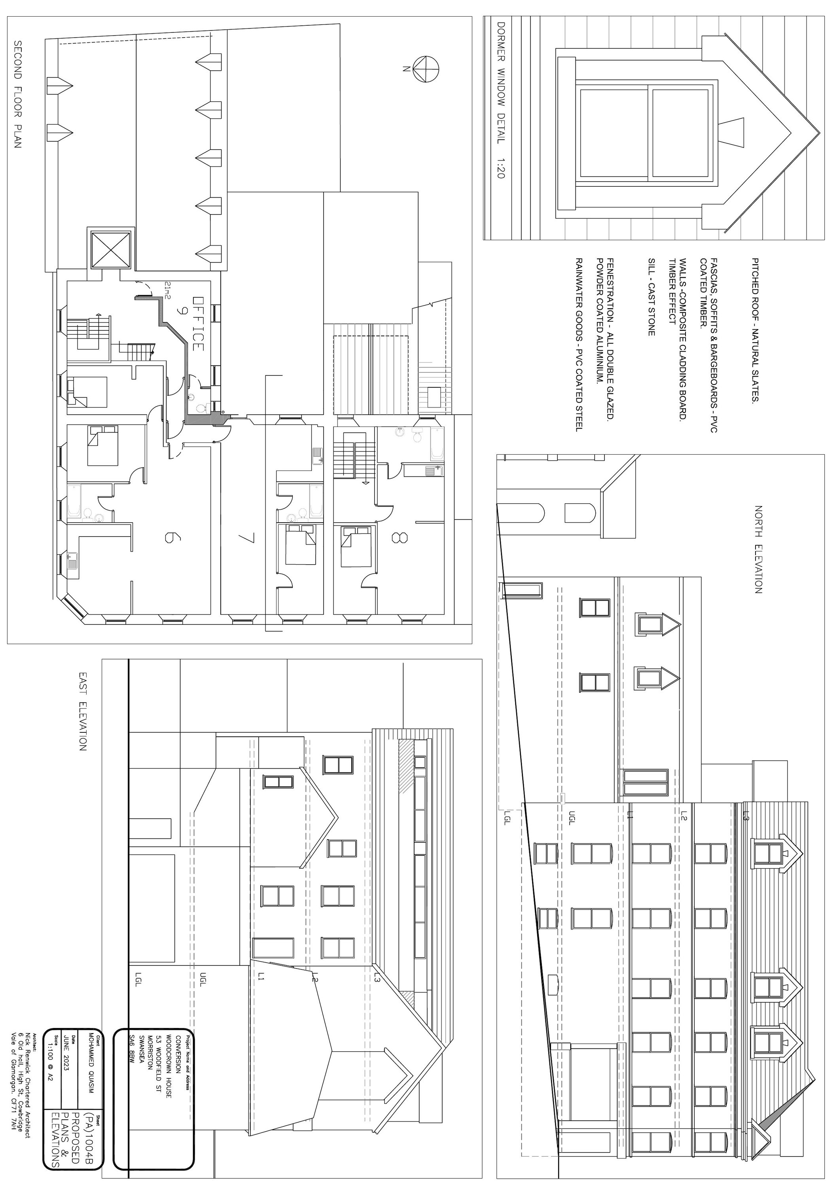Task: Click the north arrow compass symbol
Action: click(x=426, y=68)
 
